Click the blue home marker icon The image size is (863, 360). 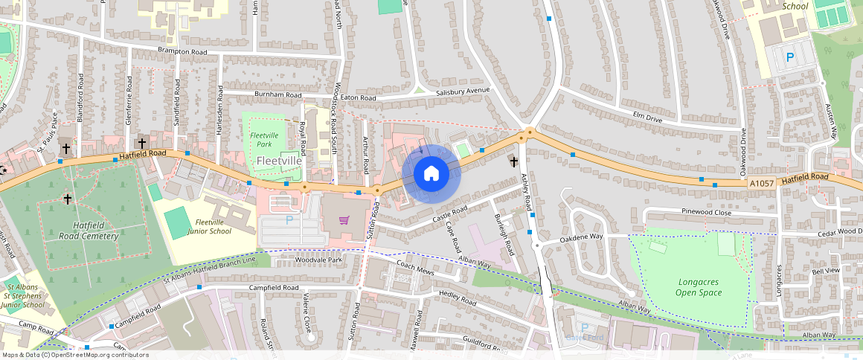431,174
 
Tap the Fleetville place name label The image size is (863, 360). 279,160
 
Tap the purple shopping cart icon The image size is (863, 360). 344,219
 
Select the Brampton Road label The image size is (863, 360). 182,52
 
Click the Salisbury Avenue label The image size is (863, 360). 463,91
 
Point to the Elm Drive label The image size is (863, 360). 647,117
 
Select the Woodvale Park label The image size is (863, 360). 318,260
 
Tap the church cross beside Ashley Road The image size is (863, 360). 513,161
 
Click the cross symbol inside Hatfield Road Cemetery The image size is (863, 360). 68,199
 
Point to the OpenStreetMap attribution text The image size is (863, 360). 74,355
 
